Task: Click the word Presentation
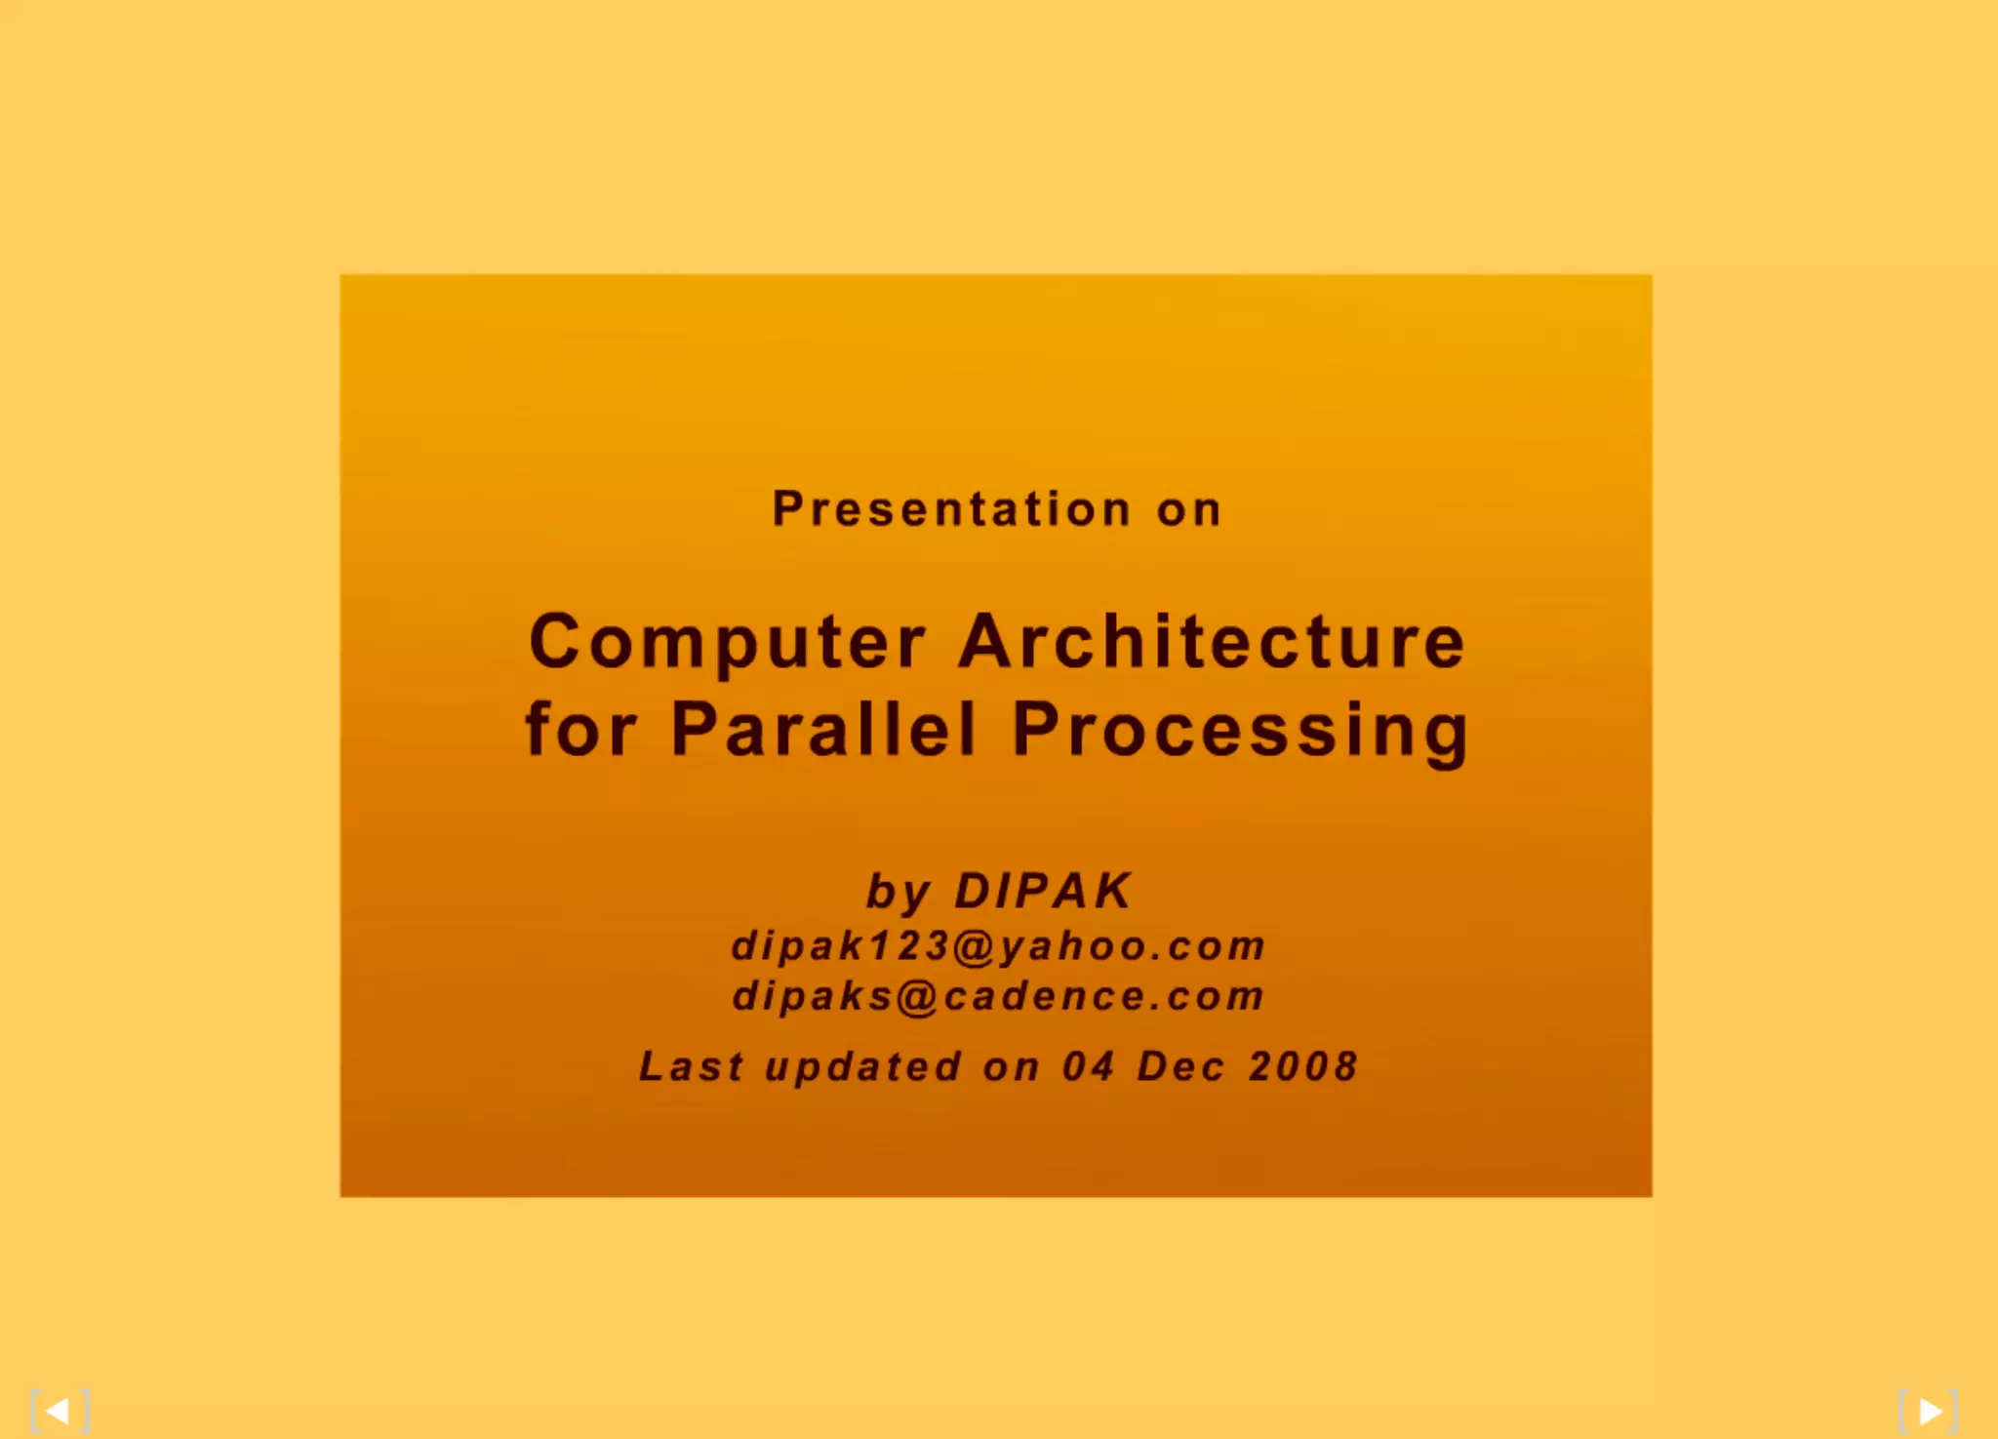pyautogui.click(x=950, y=509)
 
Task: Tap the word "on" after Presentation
pyautogui.click(x=1188, y=510)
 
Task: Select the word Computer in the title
pyautogui.click(x=726, y=642)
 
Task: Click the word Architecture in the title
pyautogui.click(x=1212, y=642)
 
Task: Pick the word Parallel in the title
pyautogui.click(x=823, y=729)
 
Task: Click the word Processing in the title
pyautogui.click(x=1240, y=731)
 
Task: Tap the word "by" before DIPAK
pyautogui.click(x=899, y=892)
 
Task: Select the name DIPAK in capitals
pyautogui.click(x=1043, y=890)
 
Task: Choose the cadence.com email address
pyautogui.click(x=998, y=996)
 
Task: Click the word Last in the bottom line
pyautogui.click(x=691, y=1066)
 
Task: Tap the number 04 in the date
pyautogui.click(x=1088, y=1066)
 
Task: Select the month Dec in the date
pyautogui.click(x=1180, y=1066)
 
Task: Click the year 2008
pyautogui.click(x=1303, y=1066)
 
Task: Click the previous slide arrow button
pyautogui.click(x=59, y=1411)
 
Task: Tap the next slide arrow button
pyautogui.click(x=1929, y=1411)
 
